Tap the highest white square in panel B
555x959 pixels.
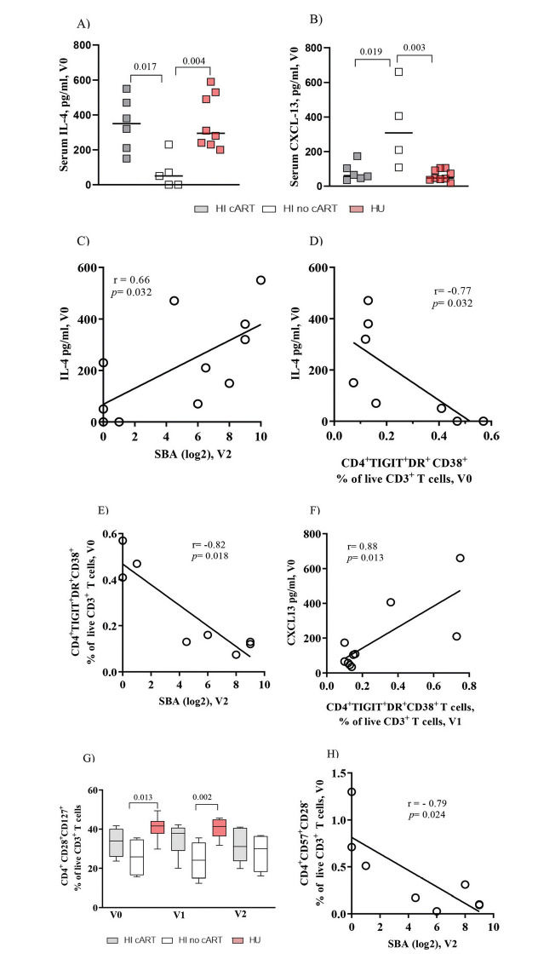tap(398, 72)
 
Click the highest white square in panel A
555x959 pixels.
tap(169, 145)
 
